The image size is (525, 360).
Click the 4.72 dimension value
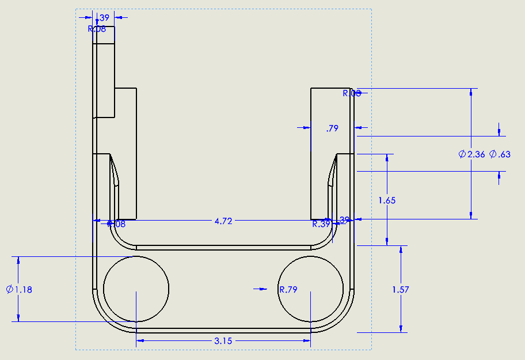223,221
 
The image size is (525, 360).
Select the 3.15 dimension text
223,341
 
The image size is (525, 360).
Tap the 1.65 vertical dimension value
387,200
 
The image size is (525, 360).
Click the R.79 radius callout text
288,290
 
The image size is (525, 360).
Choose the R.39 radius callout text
321,224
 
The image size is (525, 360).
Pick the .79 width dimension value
332,128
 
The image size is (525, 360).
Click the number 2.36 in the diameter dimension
476,154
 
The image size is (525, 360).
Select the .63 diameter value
504,154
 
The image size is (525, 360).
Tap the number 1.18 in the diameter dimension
24,290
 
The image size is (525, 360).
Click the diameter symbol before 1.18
10,290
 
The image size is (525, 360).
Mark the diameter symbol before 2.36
462,154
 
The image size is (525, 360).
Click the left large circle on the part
136,289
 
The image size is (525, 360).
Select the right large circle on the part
311,289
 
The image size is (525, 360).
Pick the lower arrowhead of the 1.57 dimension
400,328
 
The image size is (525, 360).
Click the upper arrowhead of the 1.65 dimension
387,158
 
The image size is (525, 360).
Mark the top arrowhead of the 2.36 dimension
471,92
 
